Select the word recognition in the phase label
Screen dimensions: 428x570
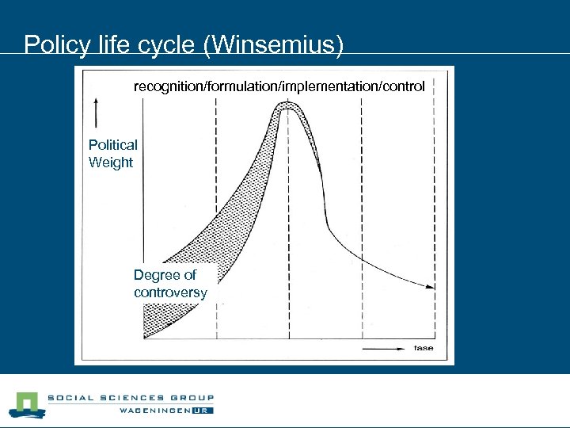pos(168,85)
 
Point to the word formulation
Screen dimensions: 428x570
pos(240,85)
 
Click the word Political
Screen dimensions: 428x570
pos(112,145)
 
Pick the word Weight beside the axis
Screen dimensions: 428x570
pos(111,162)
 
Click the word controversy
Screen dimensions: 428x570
pos(170,292)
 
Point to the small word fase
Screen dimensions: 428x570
pos(423,348)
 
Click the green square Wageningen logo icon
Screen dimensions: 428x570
pos(26,405)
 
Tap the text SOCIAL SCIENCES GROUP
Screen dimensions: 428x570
pos(131,399)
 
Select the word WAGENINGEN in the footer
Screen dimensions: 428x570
pos(158,411)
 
